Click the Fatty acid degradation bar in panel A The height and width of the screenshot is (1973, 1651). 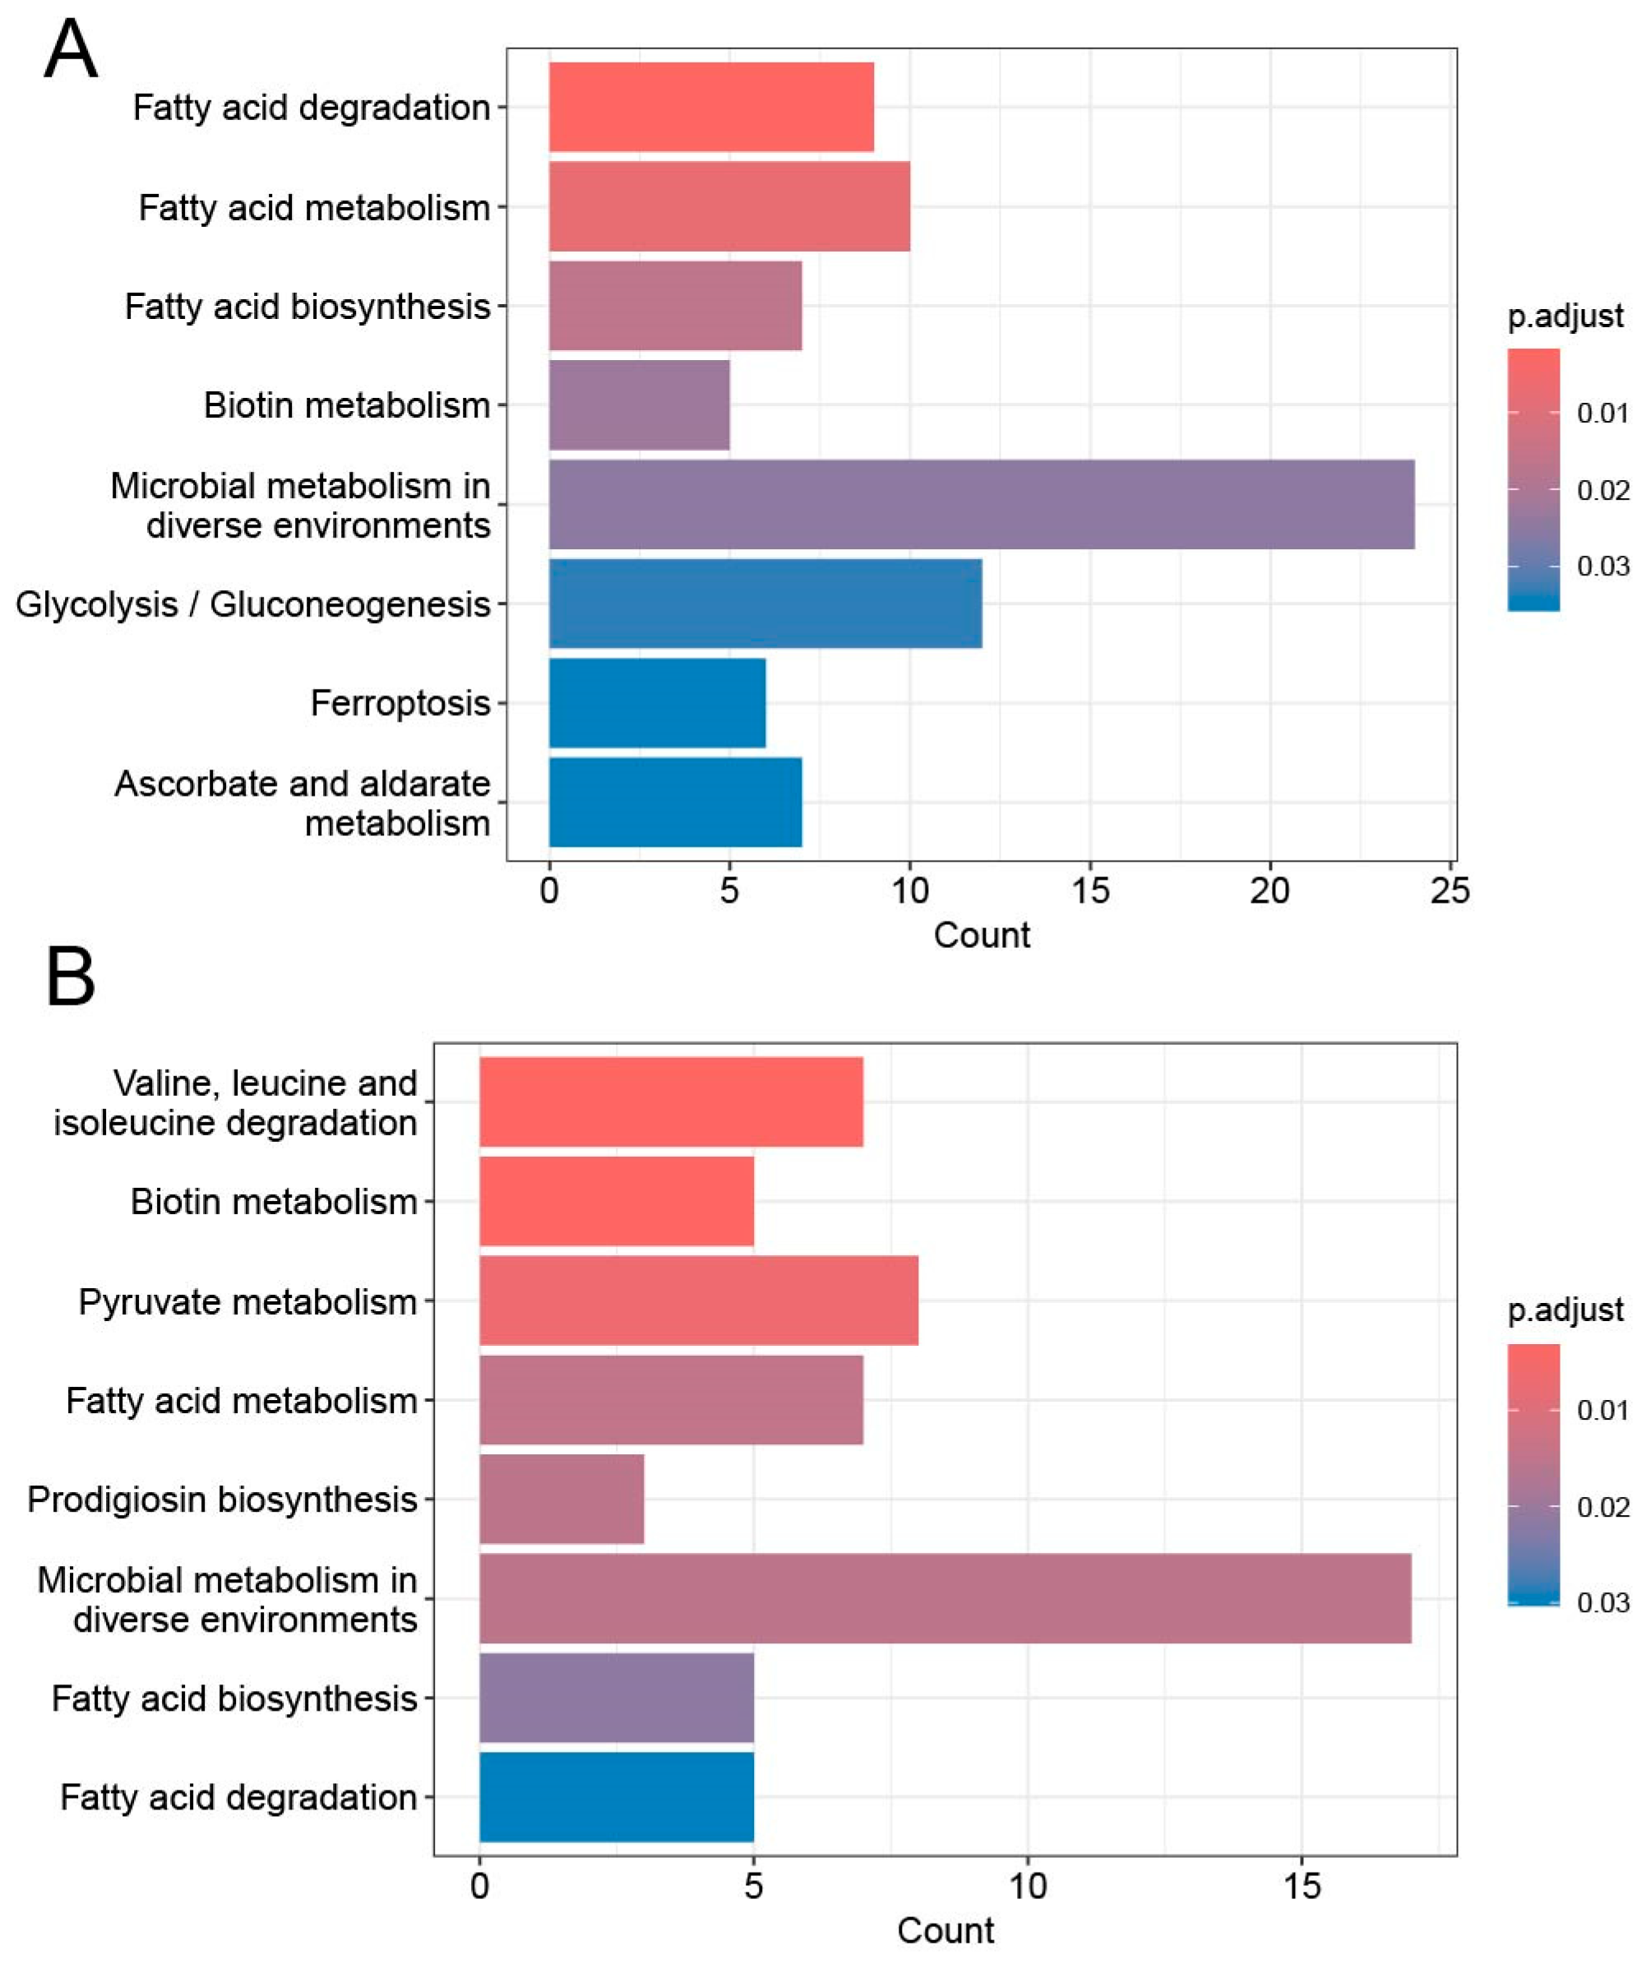click(711, 107)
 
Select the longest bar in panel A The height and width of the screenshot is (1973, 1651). click(981, 504)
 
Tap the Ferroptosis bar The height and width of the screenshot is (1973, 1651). click(657, 703)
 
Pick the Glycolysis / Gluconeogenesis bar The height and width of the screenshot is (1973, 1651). click(765, 603)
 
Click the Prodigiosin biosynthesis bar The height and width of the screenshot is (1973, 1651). click(561, 1499)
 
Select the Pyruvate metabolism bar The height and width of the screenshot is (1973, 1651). click(698, 1301)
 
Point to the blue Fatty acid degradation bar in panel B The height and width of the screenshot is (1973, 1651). click(617, 1796)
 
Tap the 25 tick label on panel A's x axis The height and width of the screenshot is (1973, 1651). click(1450, 890)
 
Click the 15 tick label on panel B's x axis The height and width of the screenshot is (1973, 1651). click(1302, 1886)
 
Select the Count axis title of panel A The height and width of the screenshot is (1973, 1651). click(981, 936)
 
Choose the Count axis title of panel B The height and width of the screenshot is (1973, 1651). click(945, 1931)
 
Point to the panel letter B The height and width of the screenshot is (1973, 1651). click(71, 977)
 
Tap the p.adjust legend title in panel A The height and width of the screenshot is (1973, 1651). click(1565, 317)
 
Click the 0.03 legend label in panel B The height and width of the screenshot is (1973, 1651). click(1602, 1602)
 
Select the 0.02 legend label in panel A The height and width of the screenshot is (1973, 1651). click(1602, 489)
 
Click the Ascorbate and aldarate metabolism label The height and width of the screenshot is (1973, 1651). click(303, 803)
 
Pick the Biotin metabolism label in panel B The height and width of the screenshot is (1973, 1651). click(274, 1202)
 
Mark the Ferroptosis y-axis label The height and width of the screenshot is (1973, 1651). click(400, 703)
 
